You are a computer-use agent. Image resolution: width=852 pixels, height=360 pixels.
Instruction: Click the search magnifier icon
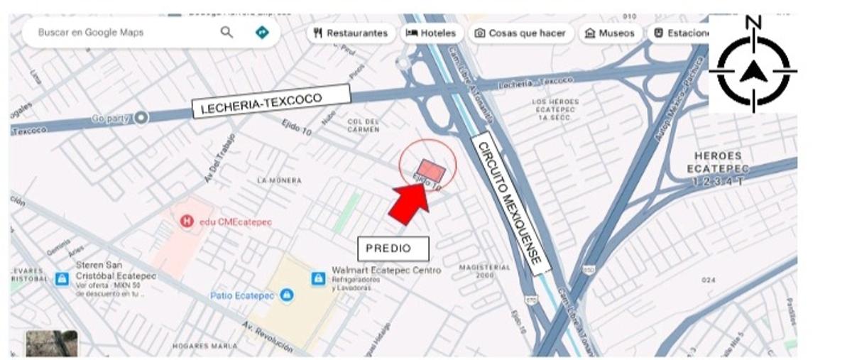pos(226,32)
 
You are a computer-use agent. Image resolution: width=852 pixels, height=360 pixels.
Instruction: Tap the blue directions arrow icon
pos(262,32)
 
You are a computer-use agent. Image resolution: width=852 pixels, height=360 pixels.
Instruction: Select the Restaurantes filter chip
pos(351,33)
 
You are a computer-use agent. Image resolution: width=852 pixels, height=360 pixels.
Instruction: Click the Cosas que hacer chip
pos(520,33)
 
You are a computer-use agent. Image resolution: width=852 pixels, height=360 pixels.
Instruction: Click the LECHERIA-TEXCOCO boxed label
pos(272,101)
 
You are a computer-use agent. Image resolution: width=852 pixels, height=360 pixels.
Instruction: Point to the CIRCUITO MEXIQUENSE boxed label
pos(510,202)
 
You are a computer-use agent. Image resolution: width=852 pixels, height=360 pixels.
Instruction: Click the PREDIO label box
pos(393,249)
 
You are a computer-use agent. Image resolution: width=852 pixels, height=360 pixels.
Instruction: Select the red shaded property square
pos(430,171)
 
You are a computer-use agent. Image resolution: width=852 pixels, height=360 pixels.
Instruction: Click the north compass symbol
pos(753,70)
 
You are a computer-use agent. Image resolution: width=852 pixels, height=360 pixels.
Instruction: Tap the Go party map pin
pos(141,117)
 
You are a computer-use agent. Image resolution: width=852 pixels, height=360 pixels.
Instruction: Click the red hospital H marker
pos(187,222)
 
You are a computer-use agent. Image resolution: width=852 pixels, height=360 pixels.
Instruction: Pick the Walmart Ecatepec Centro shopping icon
pos(318,278)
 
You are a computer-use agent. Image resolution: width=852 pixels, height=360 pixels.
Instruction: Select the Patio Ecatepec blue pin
pos(286,295)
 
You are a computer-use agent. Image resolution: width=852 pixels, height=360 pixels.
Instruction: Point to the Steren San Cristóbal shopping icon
pos(62,278)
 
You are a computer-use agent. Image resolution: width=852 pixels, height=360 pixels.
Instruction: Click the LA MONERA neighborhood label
pos(279,181)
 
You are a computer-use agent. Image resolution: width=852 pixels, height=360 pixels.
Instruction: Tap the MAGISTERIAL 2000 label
pos(485,271)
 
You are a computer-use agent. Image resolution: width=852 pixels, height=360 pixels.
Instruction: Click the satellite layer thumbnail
pos(52,344)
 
